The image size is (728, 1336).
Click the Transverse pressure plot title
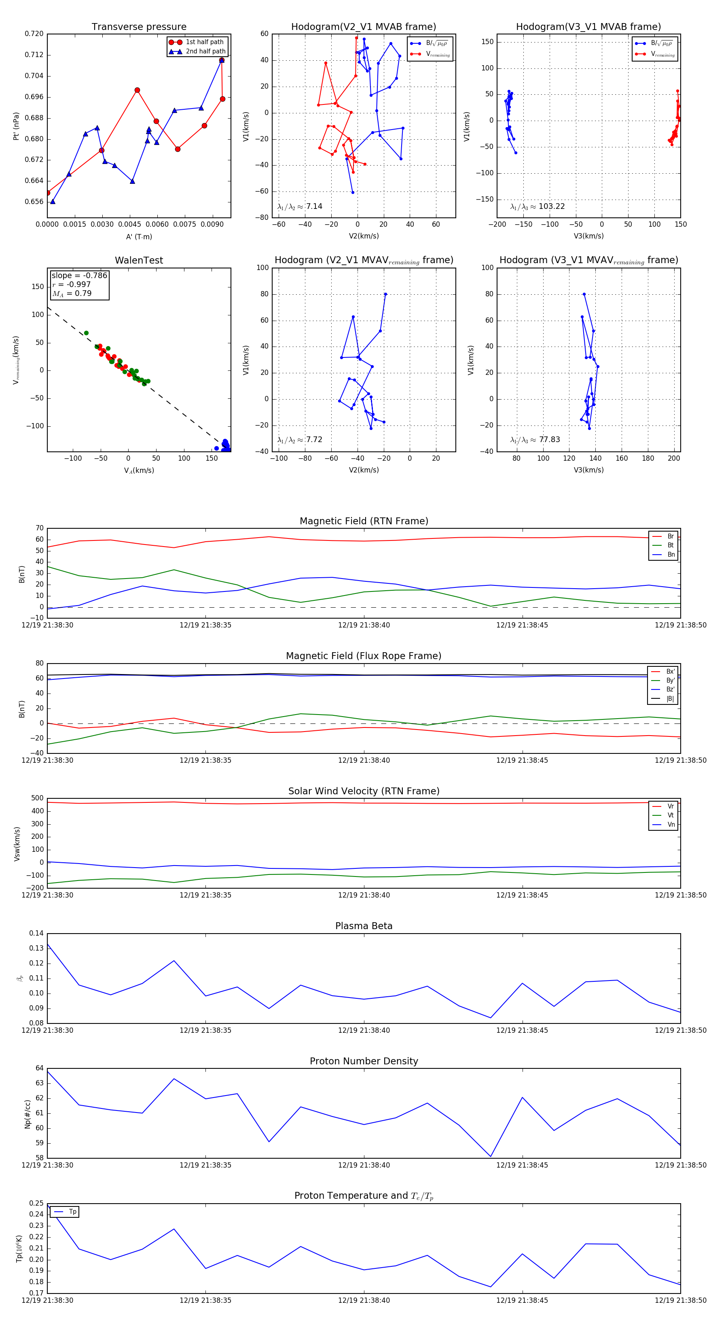[139, 27]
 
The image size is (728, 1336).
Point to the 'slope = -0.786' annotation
[79, 275]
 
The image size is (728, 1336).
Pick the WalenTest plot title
[139, 260]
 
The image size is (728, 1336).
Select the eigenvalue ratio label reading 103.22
[538, 206]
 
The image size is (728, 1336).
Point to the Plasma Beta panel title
[364, 926]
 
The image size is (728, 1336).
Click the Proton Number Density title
[364, 1061]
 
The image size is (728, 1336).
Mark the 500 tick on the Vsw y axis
[37, 798]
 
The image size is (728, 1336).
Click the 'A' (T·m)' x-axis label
[139, 236]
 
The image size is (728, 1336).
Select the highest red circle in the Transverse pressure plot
[222, 60]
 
